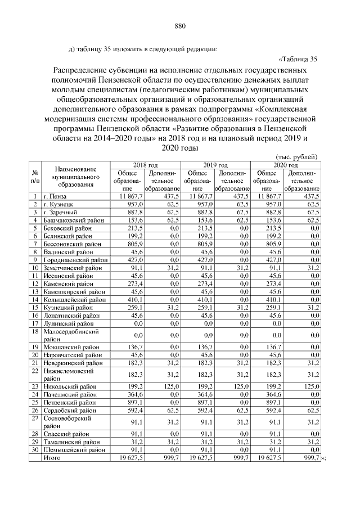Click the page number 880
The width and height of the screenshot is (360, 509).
tap(180, 26)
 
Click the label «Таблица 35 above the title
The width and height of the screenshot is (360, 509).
tap(298, 59)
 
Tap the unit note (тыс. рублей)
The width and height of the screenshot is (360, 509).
tap(296, 156)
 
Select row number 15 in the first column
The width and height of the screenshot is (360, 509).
tap(35, 308)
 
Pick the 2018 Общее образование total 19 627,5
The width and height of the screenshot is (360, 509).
tap(131, 458)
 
